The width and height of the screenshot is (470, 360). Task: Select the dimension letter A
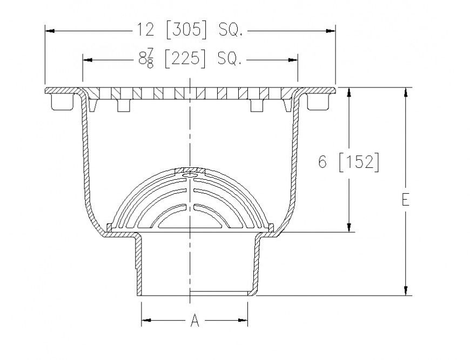tap(195, 322)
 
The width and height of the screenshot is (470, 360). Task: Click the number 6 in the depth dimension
tap(323, 162)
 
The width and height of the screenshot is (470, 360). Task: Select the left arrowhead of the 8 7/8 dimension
tap(88, 59)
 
